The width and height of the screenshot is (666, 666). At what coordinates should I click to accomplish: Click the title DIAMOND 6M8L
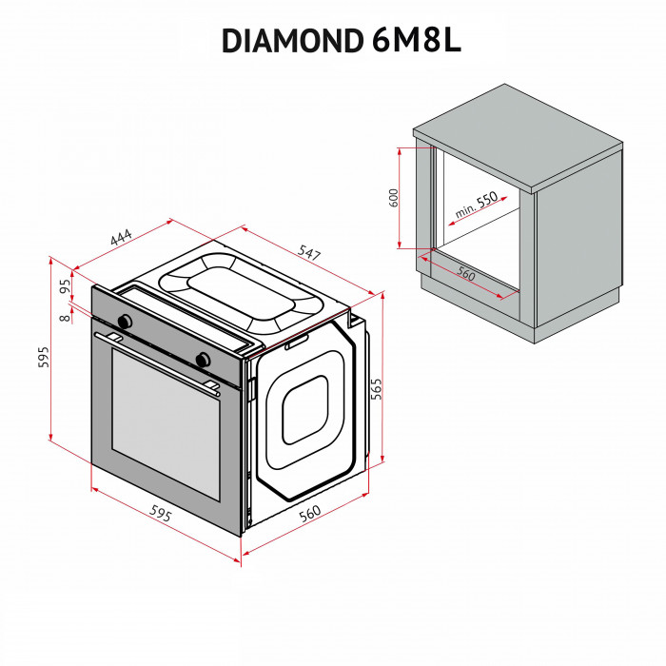(x=341, y=39)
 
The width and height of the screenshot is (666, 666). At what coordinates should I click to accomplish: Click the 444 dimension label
(x=121, y=238)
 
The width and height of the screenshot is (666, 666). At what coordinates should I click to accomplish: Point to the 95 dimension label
(x=66, y=285)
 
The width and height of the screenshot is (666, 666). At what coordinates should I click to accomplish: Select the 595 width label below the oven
(x=161, y=515)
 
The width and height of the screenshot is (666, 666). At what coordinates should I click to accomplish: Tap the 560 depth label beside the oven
(x=310, y=514)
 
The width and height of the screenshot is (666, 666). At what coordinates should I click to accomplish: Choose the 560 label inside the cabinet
(x=464, y=273)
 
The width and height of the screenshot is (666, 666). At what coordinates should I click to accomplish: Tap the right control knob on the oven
(x=202, y=359)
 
